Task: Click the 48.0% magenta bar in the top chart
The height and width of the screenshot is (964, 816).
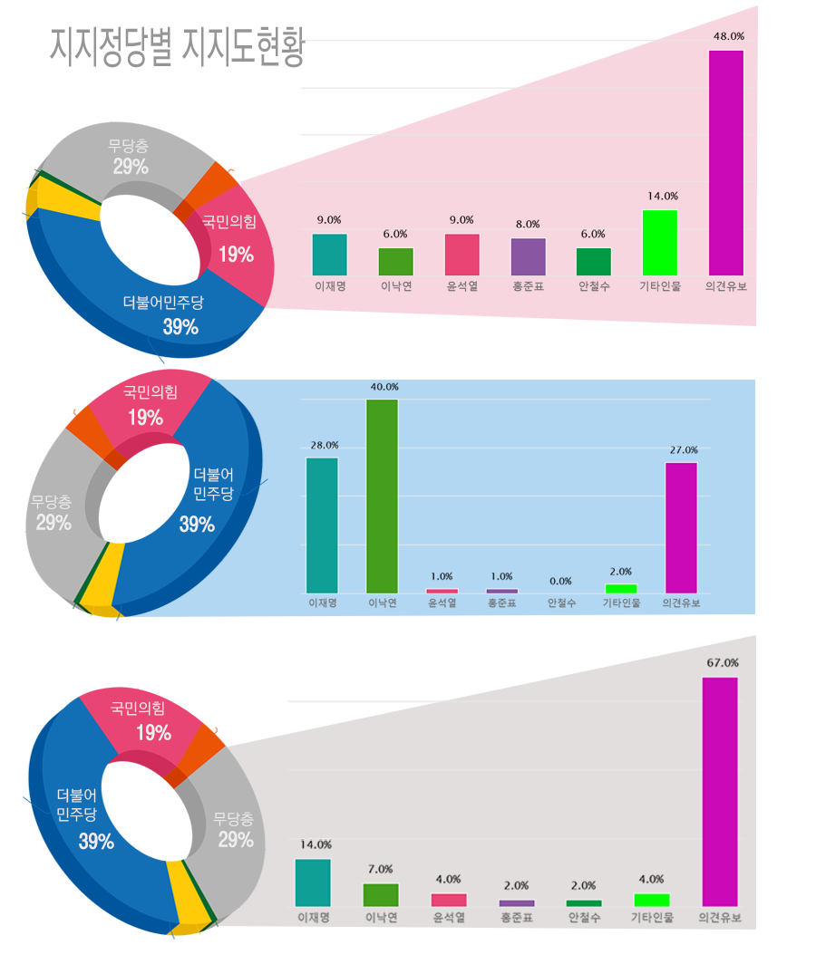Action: tap(725, 163)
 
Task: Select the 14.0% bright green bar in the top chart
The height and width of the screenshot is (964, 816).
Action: tap(660, 243)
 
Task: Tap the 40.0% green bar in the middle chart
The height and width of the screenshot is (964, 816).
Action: tap(382, 496)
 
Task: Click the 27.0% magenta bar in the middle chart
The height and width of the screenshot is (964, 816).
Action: tap(681, 527)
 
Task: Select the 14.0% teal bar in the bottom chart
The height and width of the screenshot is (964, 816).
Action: tap(313, 882)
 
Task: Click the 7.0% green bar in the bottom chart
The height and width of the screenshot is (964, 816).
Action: tap(381, 894)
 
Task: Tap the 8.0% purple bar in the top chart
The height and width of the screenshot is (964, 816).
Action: tap(529, 256)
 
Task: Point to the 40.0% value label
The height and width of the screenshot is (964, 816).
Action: tap(384, 387)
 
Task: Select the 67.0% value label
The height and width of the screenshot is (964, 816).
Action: tap(723, 663)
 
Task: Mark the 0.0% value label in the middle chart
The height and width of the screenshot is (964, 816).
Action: tap(560, 582)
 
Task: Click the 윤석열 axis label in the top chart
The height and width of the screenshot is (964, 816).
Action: tap(461, 287)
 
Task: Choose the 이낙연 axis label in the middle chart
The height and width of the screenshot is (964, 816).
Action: tap(382, 603)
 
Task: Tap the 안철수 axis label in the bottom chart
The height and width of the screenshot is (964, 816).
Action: tap(583, 918)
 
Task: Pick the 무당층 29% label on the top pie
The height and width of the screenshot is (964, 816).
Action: tap(130, 156)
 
